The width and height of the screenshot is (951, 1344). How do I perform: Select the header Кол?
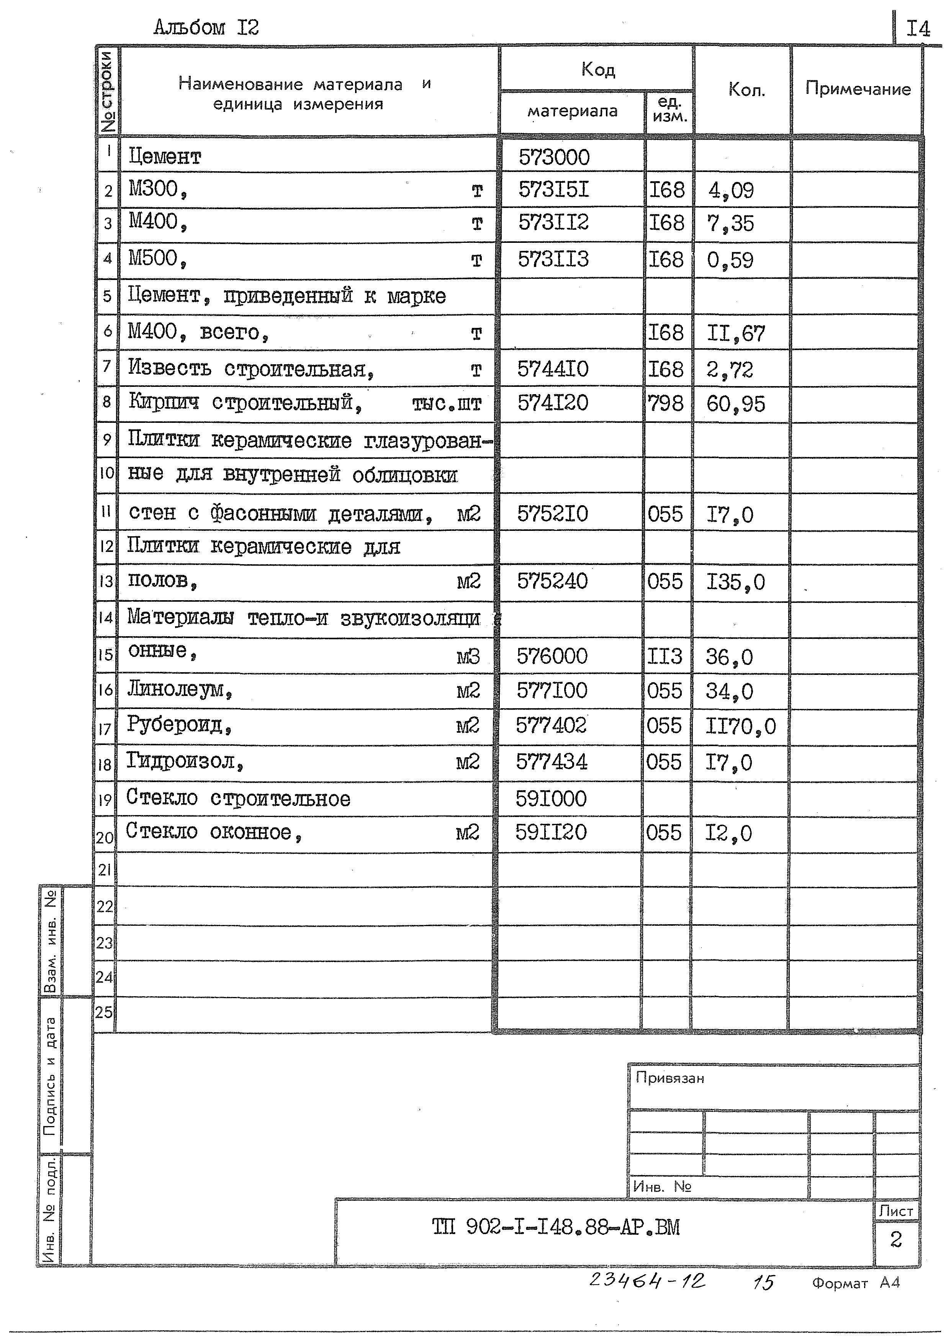click(x=746, y=90)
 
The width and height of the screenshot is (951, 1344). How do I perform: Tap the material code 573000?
click(x=554, y=157)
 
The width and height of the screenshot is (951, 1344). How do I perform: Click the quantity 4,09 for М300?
click(x=731, y=190)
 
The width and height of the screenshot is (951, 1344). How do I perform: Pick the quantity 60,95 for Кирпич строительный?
click(x=735, y=404)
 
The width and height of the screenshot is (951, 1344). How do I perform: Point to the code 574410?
click(x=553, y=369)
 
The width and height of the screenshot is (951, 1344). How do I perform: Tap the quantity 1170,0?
click(x=740, y=727)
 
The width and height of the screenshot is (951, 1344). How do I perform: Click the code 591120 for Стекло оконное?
click(x=550, y=832)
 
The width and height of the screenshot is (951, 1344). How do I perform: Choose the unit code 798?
click(x=665, y=403)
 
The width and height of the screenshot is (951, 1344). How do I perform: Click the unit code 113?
click(x=664, y=656)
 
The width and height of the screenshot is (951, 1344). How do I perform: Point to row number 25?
click(x=104, y=1012)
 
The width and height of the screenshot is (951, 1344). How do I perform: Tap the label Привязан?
click(x=669, y=1078)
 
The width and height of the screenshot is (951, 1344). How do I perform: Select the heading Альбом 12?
click(x=206, y=28)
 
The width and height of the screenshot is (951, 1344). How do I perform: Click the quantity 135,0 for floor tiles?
click(x=735, y=582)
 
